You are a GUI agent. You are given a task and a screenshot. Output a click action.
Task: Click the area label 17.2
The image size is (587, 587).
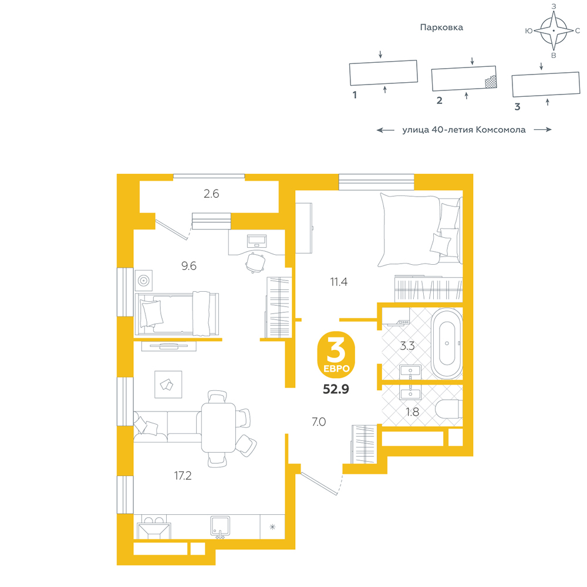(183, 475)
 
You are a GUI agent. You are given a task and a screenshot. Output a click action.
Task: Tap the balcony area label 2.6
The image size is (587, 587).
(211, 194)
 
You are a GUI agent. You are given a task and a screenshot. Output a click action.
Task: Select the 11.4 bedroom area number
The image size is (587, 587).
(339, 282)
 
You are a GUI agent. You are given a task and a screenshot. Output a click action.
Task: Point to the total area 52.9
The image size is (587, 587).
(336, 389)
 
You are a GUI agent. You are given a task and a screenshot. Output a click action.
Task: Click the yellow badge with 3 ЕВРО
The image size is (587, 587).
(336, 354)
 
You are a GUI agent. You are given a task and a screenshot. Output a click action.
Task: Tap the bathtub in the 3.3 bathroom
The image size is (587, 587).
(447, 343)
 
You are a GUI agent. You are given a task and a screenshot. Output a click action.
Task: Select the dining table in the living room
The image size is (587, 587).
(218, 427)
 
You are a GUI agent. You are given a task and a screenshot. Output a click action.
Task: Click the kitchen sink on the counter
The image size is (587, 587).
(220, 527)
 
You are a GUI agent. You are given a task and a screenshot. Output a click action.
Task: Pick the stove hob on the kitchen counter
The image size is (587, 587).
(154, 527)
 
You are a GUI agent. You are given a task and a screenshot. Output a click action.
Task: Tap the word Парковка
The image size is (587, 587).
(441, 28)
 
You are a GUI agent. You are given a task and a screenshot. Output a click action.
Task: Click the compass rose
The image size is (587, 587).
(554, 31)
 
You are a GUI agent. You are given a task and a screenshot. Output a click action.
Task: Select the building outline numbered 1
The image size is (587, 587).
(383, 73)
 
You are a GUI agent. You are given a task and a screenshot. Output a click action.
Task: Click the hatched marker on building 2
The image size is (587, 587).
(491, 82)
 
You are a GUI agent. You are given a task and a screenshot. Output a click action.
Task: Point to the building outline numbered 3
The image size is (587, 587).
(546, 84)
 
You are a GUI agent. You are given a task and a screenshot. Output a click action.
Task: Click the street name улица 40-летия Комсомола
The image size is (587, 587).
(464, 130)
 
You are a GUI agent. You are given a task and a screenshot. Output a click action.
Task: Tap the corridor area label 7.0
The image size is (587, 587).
(319, 422)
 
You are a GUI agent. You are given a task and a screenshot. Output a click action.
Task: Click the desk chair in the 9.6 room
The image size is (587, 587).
(256, 262)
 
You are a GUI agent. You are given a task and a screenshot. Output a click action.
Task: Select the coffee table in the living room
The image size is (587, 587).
(168, 384)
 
